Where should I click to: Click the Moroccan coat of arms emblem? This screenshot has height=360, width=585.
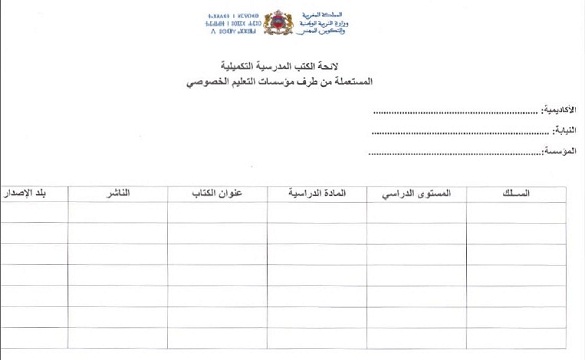pyautogui.click(x=292, y=25)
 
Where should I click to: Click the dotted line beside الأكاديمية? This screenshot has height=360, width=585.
pyautogui.click(x=455, y=109)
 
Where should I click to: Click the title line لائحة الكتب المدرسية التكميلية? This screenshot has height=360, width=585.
pyautogui.click(x=293, y=65)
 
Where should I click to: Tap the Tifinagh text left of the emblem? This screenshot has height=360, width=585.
pyautogui.click(x=239, y=25)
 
